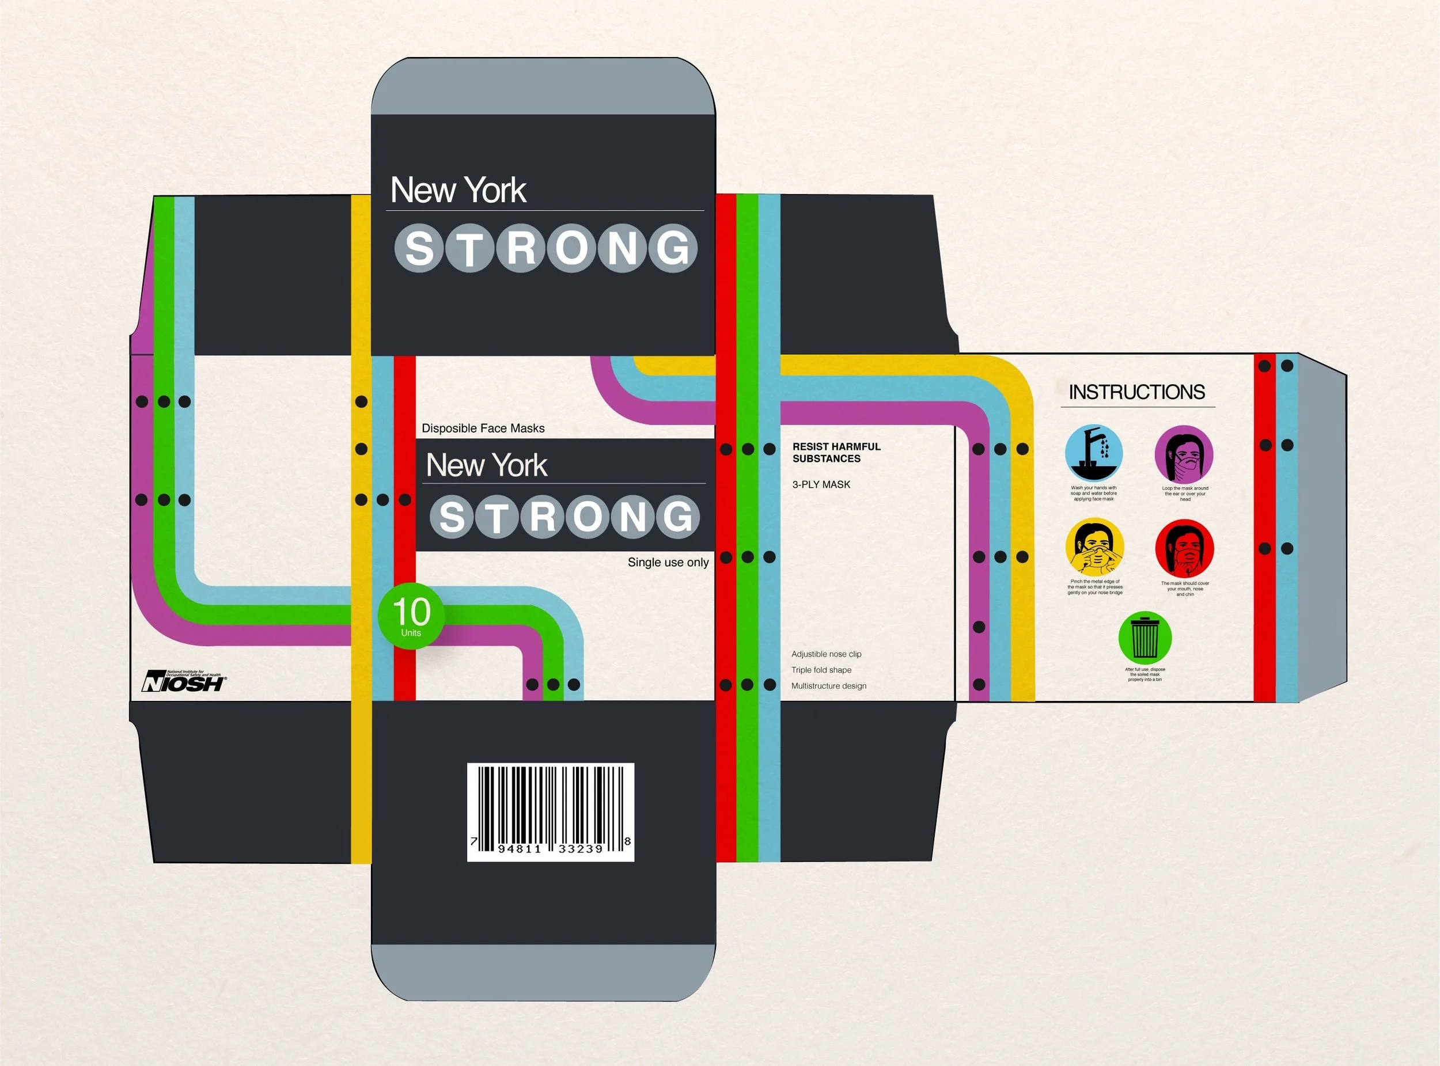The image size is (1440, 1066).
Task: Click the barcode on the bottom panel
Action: [x=551, y=812]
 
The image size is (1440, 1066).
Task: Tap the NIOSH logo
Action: [x=184, y=681]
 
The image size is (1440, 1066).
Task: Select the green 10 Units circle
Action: [x=411, y=616]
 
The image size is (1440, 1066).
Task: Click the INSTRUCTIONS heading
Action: [x=1136, y=392]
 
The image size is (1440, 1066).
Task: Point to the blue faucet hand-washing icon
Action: [x=1093, y=453]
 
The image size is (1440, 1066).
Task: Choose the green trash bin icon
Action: [x=1145, y=638]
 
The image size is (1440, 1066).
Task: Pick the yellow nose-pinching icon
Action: [x=1094, y=547]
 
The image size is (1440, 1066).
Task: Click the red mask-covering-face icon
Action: [x=1184, y=548]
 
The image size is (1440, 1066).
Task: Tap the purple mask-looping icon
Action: [x=1184, y=454]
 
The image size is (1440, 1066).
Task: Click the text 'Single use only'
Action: [x=668, y=562]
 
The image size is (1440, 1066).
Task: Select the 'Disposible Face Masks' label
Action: [x=483, y=428]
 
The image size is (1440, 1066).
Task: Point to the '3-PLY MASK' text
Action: [x=821, y=484]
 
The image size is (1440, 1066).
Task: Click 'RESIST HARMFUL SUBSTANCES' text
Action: [x=836, y=452]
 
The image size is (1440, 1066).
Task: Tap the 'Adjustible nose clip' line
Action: [x=826, y=654]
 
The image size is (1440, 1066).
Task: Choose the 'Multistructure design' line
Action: [x=829, y=686]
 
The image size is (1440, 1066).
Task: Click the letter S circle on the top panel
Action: [x=419, y=248]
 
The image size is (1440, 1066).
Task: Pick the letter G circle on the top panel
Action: [x=673, y=248]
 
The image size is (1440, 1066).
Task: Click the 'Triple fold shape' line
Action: [x=821, y=670]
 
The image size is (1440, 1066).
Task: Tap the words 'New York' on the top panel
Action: [x=458, y=191]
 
